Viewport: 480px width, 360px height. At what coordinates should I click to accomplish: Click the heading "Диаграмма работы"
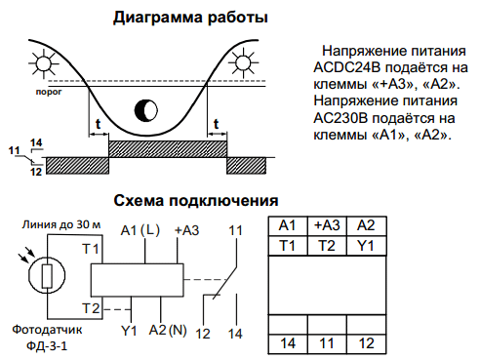190,18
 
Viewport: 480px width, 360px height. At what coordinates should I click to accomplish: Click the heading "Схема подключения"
190,201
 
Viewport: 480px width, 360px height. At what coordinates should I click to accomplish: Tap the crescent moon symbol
146,108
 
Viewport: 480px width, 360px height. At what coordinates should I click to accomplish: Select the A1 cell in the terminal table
288,226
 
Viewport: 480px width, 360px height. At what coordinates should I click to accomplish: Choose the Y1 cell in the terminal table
365,244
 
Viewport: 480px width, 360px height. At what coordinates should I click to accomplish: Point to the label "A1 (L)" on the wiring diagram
140,230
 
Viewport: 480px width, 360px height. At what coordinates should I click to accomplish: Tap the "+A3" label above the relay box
186,230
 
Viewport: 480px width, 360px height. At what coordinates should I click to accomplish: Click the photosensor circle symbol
45,275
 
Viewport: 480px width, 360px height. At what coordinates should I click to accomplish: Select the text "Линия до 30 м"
61,225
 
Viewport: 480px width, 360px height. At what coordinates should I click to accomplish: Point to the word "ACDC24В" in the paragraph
348,68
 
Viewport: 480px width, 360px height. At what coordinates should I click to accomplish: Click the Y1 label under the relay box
127,330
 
